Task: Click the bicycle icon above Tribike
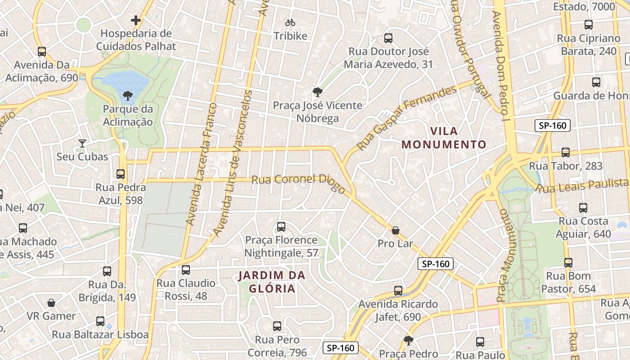click(x=290, y=22)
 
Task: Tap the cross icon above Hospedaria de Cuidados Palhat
click(x=136, y=20)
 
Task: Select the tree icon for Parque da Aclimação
click(x=128, y=95)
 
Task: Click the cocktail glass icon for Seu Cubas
click(x=82, y=143)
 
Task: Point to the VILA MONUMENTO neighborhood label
click(x=444, y=138)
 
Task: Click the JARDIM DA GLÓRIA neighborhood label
click(x=272, y=282)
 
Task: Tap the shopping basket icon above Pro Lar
click(x=395, y=230)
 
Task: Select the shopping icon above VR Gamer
click(x=51, y=303)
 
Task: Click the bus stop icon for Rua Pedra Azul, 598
click(x=120, y=174)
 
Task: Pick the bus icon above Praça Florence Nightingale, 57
click(x=281, y=226)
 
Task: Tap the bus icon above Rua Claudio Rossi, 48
click(x=185, y=270)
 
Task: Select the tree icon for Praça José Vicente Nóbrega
click(x=317, y=92)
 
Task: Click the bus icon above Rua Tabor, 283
click(x=566, y=153)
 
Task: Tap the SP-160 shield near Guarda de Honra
click(x=552, y=126)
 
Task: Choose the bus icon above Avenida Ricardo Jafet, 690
click(x=398, y=291)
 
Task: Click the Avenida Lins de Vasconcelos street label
click(x=234, y=163)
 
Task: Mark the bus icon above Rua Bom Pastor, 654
click(x=568, y=262)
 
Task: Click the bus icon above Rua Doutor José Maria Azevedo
click(x=388, y=38)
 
